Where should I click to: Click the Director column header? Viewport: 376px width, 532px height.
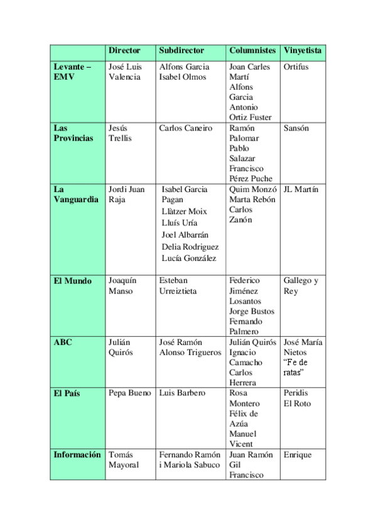click(124, 50)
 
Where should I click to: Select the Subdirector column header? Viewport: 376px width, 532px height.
click(181, 50)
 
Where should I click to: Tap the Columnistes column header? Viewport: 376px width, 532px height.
click(252, 50)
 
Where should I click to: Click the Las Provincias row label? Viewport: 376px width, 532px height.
click(73, 133)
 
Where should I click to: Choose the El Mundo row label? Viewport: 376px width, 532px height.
click(73, 280)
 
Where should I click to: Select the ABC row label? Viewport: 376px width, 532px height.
click(63, 342)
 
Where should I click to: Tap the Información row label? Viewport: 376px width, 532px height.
click(77, 455)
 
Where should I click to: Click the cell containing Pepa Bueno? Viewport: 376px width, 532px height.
click(130, 393)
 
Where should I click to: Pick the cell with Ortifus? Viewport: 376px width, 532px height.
click(296, 66)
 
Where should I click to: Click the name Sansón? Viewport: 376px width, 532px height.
click(296, 128)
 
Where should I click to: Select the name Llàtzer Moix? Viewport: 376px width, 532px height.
click(184, 211)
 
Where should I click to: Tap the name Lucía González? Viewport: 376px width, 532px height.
click(189, 258)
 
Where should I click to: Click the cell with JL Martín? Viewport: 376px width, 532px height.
click(301, 189)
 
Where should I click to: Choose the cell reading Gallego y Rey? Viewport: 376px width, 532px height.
click(301, 285)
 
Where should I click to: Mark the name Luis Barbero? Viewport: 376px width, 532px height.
click(182, 393)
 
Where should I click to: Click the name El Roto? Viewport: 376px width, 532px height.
click(297, 403)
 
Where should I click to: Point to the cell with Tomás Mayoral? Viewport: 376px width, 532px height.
click(124, 460)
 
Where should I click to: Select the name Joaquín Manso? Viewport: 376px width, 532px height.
click(122, 285)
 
